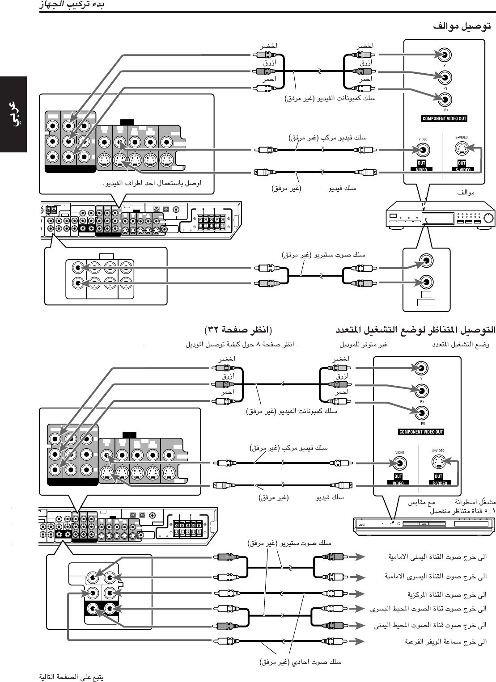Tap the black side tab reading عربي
pos(13,114)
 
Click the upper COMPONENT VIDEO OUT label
pos(444,118)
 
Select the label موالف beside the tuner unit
pos(466,193)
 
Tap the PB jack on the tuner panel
pos(445,77)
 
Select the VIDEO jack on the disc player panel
pos(398,463)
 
